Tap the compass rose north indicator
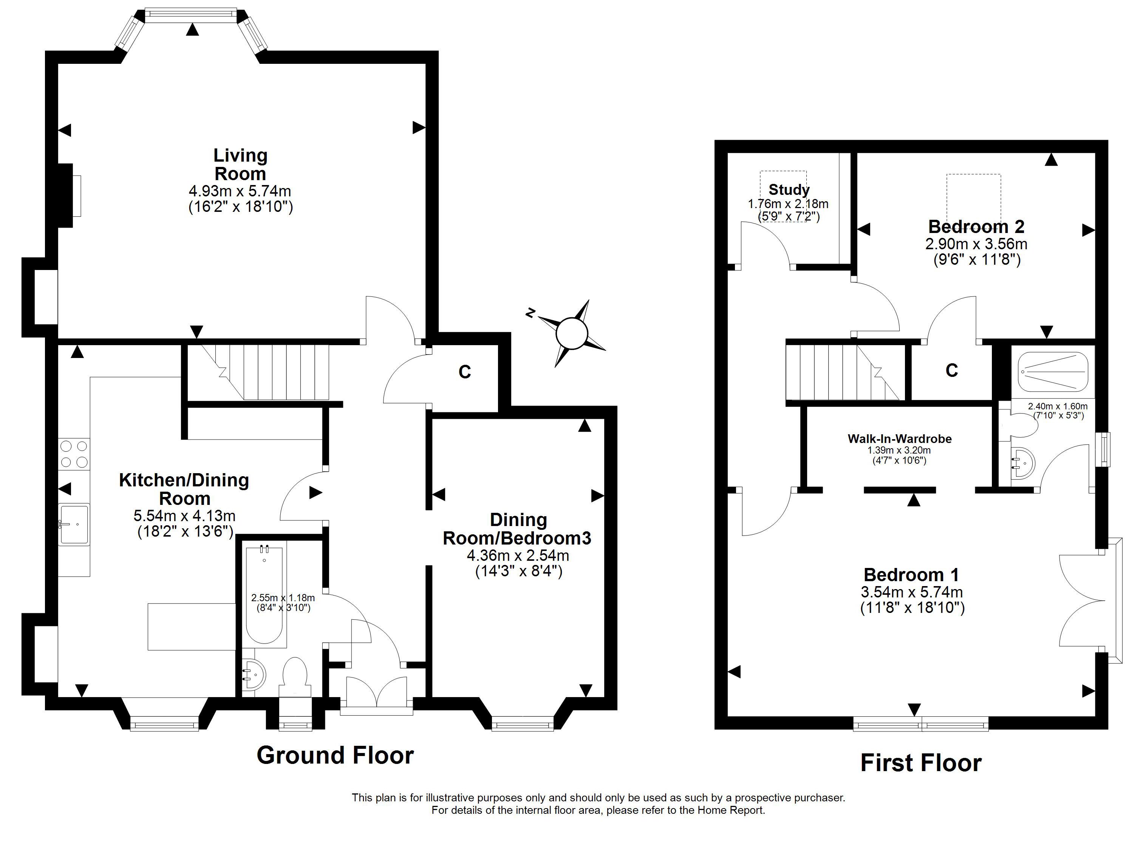pyautogui.click(x=531, y=312)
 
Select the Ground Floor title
pyautogui.click(x=335, y=755)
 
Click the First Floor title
pyautogui.click(x=921, y=763)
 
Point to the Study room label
pyautogui.click(x=789, y=190)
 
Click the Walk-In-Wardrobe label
pyautogui.click(x=900, y=439)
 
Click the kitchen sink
pyautogui.click(x=74, y=524)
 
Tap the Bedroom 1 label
pyautogui.click(x=911, y=575)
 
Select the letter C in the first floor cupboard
pyautogui.click(x=951, y=370)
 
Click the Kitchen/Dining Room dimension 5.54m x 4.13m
pyautogui.click(x=184, y=515)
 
